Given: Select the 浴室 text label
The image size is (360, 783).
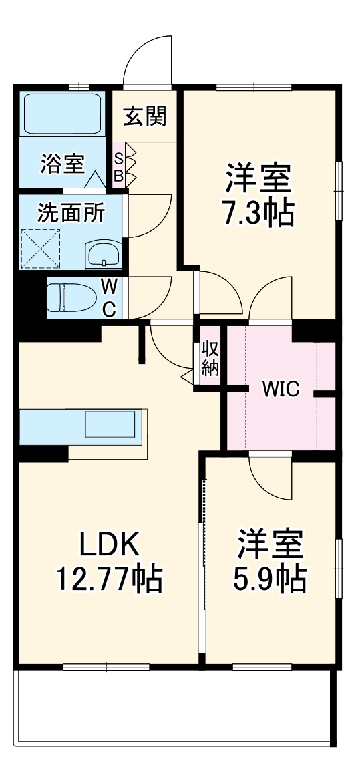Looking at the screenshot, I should [x=62, y=164].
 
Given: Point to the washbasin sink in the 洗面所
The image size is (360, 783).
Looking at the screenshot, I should [x=104, y=254].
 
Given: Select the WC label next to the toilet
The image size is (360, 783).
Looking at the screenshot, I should [x=110, y=299].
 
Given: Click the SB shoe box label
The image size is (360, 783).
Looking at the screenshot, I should [x=118, y=167].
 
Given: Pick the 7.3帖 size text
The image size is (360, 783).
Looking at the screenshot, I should [x=257, y=213].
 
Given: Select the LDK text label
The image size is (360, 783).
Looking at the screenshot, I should [x=110, y=546].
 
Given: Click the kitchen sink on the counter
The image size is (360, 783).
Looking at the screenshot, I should [x=113, y=425].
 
